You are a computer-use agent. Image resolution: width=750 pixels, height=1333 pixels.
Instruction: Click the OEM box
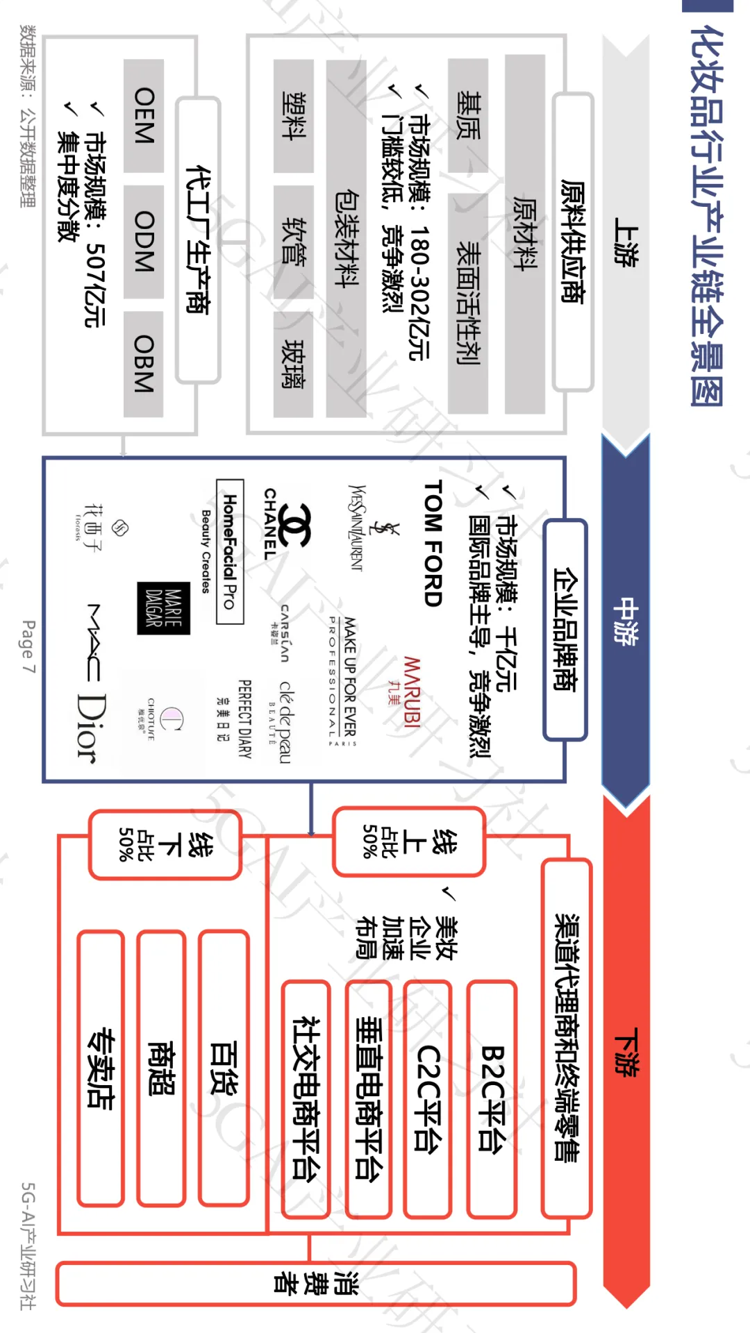[x=144, y=115]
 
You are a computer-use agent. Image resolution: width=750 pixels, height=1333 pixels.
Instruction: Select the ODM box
[x=144, y=241]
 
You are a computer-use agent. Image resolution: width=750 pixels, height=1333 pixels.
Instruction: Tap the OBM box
[x=144, y=364]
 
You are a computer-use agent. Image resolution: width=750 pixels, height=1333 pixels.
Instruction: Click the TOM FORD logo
[x=433, y=543]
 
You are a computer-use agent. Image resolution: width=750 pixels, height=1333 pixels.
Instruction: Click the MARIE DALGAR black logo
[x=163, y=608]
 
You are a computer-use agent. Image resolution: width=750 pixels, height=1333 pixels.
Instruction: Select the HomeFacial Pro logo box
[x=230, y=551]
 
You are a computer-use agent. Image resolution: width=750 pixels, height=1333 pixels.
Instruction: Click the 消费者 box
[x=316, y=1284]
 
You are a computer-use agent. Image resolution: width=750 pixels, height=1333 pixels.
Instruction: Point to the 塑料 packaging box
[x=293, y=115]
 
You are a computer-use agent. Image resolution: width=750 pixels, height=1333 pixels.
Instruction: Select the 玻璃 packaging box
[x=293, y=364]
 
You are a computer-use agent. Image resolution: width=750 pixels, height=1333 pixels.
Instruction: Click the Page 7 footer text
[x=28, y=646]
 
